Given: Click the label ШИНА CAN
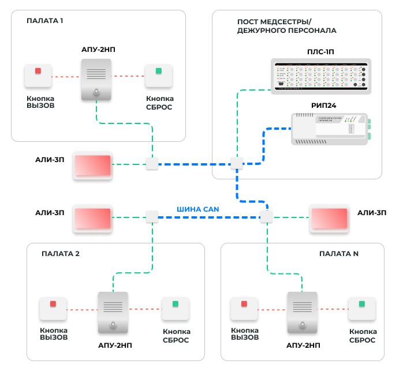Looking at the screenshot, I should pos(198,209).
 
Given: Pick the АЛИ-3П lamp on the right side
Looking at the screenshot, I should pos(329,218).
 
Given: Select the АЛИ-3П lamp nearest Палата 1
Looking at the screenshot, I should pos(92,167).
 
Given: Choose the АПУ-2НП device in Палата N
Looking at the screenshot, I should pos(302,312).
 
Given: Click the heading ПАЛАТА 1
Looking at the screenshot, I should pos(45,21).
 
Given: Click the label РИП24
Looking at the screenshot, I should pos(319,105).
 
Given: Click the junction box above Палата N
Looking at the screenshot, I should pos(266,217).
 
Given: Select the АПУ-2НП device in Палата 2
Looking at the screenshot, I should pos(113,312).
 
